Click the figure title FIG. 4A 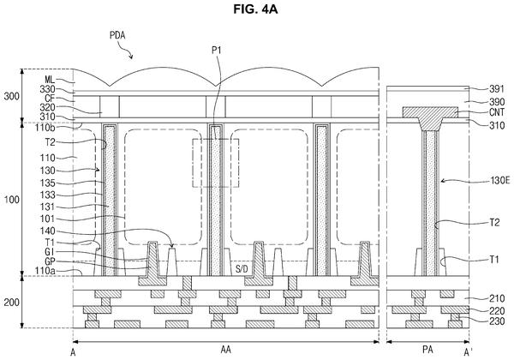[x=255, y=9]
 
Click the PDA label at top [x=117, y=35]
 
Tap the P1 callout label [x=217, y=51]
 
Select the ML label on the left [x=50, y=80]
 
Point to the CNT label [x=497, y=112]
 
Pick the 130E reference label [x=500, y=180]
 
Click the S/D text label [x=242, y=269]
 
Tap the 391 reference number [x=497, y=89]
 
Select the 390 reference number [x=497, y=102]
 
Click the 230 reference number [x=497, y=321]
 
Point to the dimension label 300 [x=11, y=96]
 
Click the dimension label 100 [x=11, y=200]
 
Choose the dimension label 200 [x=11, y=303]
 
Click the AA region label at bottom [x=225, y=350]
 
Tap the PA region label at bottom [x=427, y=350]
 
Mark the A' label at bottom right [x=468, y=352]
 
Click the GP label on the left [x=50, y=261]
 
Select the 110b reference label [x=45, y=128]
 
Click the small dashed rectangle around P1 [x=193, y=163]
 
